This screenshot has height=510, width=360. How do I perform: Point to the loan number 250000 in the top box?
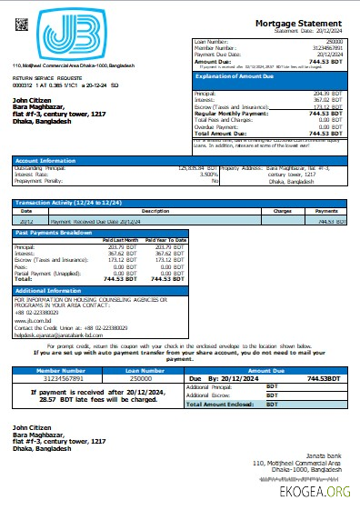coord(335,42)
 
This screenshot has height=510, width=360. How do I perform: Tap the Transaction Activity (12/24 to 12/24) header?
coord(65,203)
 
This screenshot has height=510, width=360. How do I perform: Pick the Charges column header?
coord(282,210)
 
